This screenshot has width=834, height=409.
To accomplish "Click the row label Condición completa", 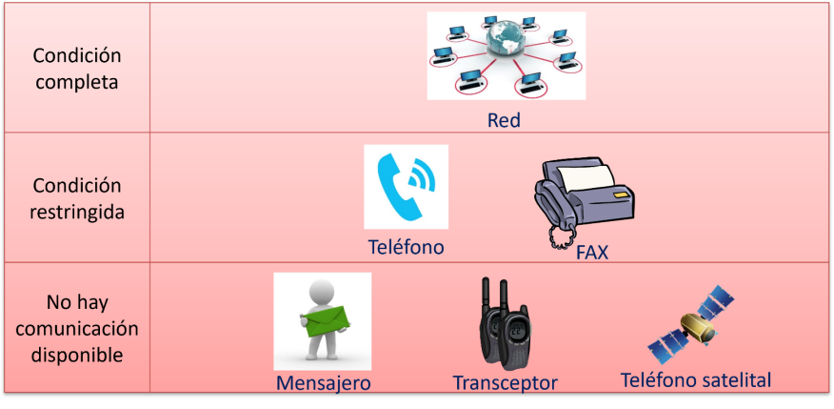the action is [76, 70].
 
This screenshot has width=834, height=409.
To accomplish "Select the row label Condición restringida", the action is [76, 198].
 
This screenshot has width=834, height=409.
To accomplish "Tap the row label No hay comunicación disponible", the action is [76, 329].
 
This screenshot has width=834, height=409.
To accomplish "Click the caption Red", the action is [504, 120].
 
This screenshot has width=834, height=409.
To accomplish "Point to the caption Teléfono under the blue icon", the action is [406, 247].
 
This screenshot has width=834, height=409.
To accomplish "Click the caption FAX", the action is [592, 253].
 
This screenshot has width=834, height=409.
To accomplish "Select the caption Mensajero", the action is [324, 383].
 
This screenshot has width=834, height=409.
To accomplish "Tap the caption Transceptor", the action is [505, 383].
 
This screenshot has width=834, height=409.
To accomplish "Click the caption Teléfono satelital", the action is [696, 380].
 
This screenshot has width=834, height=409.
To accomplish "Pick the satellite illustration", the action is [691, 324].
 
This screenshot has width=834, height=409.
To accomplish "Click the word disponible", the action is [76, 354].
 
